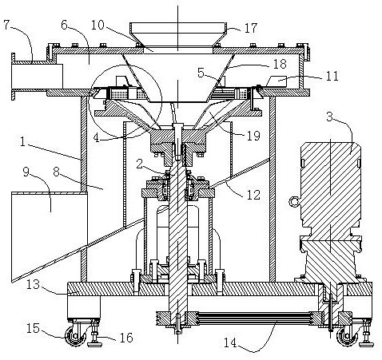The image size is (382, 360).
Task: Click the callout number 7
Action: pyautogui.click(x=7, y=25)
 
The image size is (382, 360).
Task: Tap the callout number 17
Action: pyautogui.click(x=251, y=28)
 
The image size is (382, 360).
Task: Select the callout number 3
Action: pyautogui.click(x=330, y=117)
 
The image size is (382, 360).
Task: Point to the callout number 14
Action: pyautogui.click(x=230, y=342)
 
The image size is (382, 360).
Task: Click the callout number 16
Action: pyautogui.click(x=126, y=338)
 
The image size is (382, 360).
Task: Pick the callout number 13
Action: pyautogui.click(x=34, y=284)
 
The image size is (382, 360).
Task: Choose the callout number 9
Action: pyautogui.click(x=26, y=172)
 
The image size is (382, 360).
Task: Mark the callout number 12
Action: pyautogui.click(x=253, y=195)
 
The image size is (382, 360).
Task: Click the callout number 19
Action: pyautogui.click(x=253, y=136)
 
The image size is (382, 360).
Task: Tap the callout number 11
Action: pyautogui.click(x=332, y=76)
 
